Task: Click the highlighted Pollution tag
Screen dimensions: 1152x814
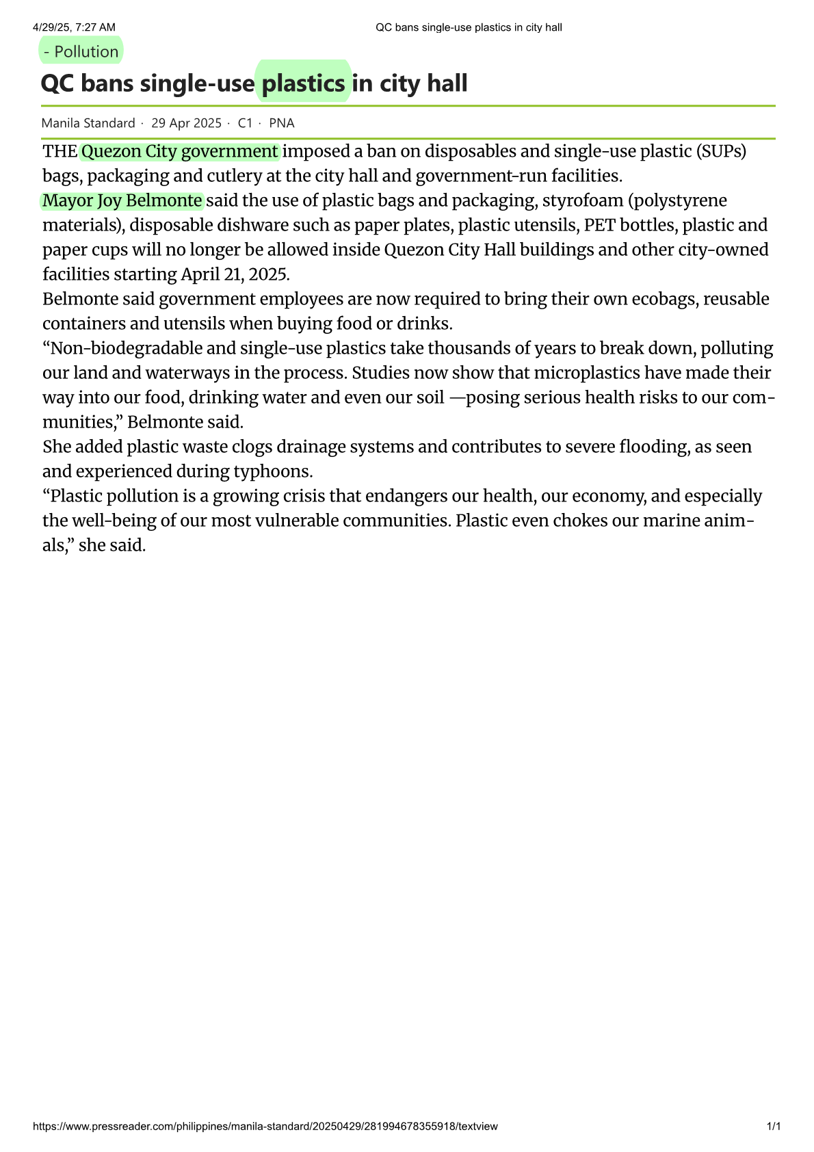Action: click(81, 51)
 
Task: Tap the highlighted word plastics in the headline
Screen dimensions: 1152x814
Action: click(303, 83)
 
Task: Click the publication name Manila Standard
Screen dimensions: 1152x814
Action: click(88, 123)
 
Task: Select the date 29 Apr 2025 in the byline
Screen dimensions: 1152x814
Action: click(186, 123)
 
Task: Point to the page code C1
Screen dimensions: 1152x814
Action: click(245, 123)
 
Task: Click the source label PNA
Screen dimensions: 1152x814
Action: click(281, 123)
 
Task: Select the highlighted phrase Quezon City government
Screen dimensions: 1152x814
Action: click(179, 151)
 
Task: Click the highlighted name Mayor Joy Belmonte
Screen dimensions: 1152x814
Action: click(122, 200)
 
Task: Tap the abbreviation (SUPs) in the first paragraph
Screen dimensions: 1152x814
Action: click(722, 151)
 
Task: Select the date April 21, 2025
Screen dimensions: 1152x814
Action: click(235, 274)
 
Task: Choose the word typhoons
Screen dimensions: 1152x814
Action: click(273, 471)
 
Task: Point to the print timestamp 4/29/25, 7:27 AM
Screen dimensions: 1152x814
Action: click(74, 27)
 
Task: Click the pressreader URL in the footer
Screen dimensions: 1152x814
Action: click(265, 1126)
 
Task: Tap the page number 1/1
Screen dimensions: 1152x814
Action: click(773, 1126)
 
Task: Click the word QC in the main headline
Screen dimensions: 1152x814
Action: click(55, 83)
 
